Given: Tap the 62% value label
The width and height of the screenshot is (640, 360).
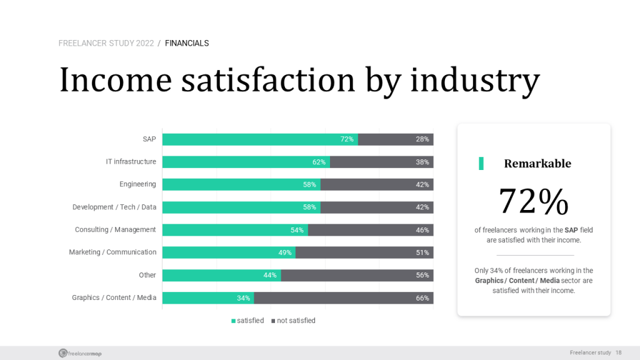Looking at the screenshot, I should point(319,162).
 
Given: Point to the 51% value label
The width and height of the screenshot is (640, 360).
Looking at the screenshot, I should point(422,252).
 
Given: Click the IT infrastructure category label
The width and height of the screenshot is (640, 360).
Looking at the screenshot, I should point(131,162).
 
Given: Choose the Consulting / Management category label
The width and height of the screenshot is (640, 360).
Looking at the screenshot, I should point(116,230).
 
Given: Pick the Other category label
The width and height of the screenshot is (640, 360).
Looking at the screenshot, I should point(147,275).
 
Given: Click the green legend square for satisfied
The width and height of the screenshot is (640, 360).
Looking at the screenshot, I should point(233,321).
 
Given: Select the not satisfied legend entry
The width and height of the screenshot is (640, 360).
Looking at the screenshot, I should point(296,321).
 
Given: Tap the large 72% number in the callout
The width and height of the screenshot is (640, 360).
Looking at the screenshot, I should point(533,201).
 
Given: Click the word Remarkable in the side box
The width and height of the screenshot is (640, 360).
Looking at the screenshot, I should point(537,164).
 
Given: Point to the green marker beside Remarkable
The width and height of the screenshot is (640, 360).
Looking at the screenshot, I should point(481,164).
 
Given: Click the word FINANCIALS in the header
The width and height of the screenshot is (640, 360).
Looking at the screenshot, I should point(187,43).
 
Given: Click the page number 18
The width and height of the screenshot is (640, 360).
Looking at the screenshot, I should point(619,353).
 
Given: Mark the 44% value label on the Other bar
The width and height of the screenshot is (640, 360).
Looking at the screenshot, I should point(270,275).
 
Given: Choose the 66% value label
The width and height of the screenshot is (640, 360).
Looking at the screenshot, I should point(422,298).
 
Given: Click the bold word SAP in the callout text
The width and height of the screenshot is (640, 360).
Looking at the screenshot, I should point(571,230).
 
